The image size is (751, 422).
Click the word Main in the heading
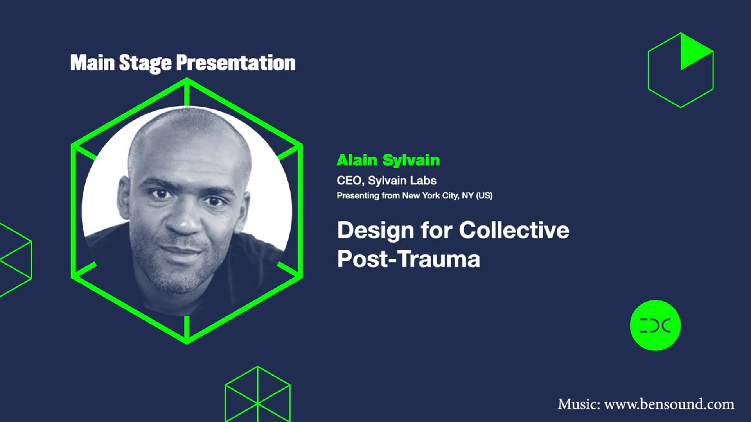pos(92,63)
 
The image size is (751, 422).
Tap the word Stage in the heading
pos(145,63)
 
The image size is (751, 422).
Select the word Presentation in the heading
pos(236,63)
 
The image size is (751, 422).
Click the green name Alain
pos(357,160)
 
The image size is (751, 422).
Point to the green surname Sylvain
pos(411,161)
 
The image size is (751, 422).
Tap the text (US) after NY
pos(484,196)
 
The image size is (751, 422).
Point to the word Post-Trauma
pos(408,259)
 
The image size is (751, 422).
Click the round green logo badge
pos(655,325)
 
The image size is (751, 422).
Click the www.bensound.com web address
pos(669,404)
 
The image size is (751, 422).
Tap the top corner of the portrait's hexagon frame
pos(187,80)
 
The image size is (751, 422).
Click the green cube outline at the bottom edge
pos(257,395)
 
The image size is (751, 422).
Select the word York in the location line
pos(431,196)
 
